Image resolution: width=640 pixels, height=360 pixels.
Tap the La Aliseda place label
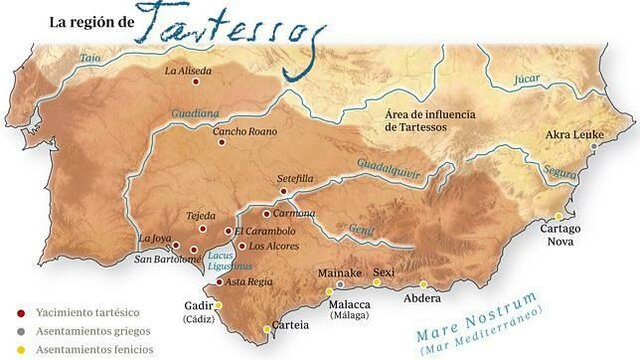click(189, 71)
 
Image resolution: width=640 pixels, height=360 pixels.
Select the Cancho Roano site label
click(244, 131)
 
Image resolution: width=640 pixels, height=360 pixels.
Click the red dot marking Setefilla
click(283, 191)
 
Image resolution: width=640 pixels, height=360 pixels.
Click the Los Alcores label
click(273, 245)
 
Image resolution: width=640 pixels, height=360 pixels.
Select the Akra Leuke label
click(573, 134)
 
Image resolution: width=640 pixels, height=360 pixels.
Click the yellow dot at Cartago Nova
click(559, 217)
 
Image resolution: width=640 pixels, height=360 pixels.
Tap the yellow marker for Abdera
click(423, 285)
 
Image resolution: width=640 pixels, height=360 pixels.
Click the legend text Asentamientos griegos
click(85, 332)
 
